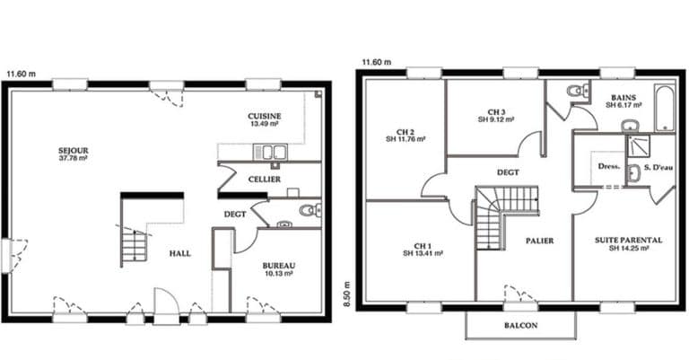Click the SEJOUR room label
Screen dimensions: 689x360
[x=74, y=150]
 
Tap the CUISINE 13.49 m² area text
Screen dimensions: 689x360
[x=264, y=124]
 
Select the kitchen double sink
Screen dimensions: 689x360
[x=270, y=152]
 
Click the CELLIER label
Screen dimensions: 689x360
[x=264, y=180]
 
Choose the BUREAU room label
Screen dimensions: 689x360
[x=279, y=266]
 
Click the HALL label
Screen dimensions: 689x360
[x=180, y=254]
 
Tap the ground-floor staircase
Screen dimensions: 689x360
[x=134, y=245]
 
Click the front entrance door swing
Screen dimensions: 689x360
[x=167, y=301]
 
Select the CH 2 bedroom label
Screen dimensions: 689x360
[x=406, y=132]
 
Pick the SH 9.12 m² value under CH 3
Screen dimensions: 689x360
[x=496, y=119]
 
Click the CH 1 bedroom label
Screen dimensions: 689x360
[x=423, y=246]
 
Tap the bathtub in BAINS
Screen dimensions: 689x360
[x=664, y=108]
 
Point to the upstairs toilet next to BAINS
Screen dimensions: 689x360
[x=577, y=91]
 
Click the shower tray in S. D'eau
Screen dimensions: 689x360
[x=638, y=145]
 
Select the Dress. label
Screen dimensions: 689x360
[x=609, y=167]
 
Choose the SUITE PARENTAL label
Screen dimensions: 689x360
[x=628, y=241]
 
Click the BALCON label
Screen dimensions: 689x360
[x=520, y=326]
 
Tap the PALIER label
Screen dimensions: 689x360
[x=539, y=241]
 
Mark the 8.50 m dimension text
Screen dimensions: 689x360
[x=347, y=294]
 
